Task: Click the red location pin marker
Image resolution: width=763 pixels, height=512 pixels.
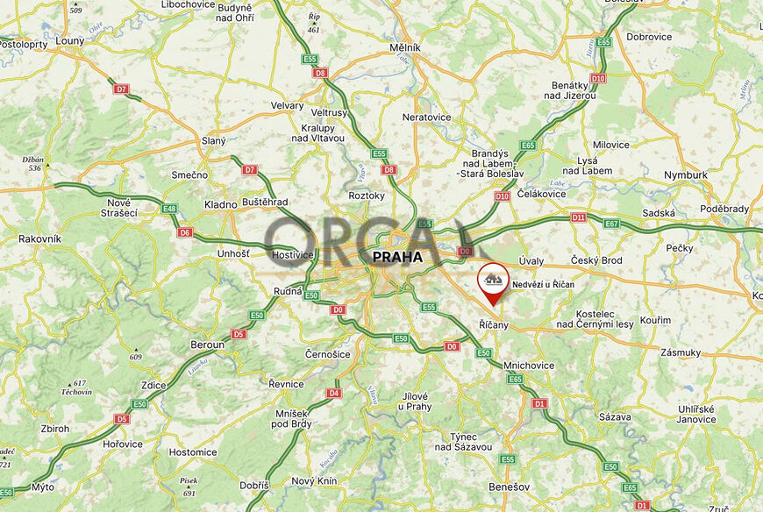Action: [494, 282]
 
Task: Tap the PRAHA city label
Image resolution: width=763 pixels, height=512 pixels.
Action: [396, 258]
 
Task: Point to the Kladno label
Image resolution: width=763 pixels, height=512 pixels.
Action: [220, 204]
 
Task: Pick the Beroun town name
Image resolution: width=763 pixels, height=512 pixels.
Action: [207, 345]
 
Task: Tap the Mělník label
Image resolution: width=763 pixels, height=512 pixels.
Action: [406, 47]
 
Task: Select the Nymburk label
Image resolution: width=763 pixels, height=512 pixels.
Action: [686, 174]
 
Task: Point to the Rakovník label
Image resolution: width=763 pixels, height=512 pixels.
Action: [39, 238]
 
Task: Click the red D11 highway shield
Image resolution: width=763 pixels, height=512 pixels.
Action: [578, 217]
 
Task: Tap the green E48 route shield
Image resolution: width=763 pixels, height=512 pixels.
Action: [169, 209]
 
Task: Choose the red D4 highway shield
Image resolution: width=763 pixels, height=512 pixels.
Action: [333, 393]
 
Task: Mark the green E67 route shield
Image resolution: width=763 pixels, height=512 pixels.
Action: [611, 224]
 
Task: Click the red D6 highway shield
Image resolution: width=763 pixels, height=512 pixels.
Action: [184, 232]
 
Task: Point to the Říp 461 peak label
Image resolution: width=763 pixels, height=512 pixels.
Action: [314, 23]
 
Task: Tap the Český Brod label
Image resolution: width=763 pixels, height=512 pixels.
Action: [596, 260]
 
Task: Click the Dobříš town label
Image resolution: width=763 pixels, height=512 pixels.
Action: [254, 485]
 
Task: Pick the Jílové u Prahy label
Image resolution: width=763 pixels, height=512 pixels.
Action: [414, 401]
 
